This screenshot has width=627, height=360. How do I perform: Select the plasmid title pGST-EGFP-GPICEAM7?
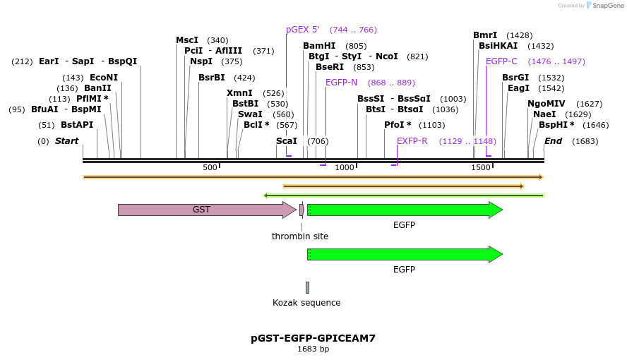tap(313, 338)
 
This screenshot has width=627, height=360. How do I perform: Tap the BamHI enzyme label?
tap(319, 46)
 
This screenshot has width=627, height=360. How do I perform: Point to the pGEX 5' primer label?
tap(303, 30)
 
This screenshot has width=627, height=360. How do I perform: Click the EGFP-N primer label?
tap(341, 83)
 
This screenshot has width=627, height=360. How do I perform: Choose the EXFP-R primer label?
tap(412, 141)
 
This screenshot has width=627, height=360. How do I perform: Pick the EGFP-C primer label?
tap(501, 61)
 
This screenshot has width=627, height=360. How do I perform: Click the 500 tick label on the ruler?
tap(210, 167)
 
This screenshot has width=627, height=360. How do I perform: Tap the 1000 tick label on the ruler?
tap(345, 167)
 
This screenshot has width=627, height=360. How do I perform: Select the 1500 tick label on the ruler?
tap(481, 167)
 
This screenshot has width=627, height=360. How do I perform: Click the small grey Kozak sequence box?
tap(307, 287)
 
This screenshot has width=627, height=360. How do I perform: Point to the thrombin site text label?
tap(300, 236)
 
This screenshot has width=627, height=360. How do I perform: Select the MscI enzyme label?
tap(187, 40)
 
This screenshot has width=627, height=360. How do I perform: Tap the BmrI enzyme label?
tap(485, 35)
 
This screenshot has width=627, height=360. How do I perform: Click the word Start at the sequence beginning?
tap(66, 141)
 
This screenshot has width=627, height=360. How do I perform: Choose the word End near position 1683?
tap(553, 141)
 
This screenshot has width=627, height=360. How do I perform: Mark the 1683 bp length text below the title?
tap(313, 349)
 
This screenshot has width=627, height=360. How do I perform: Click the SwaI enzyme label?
tap(250, 114)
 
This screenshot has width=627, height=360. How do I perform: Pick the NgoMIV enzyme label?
tap(546, 104)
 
